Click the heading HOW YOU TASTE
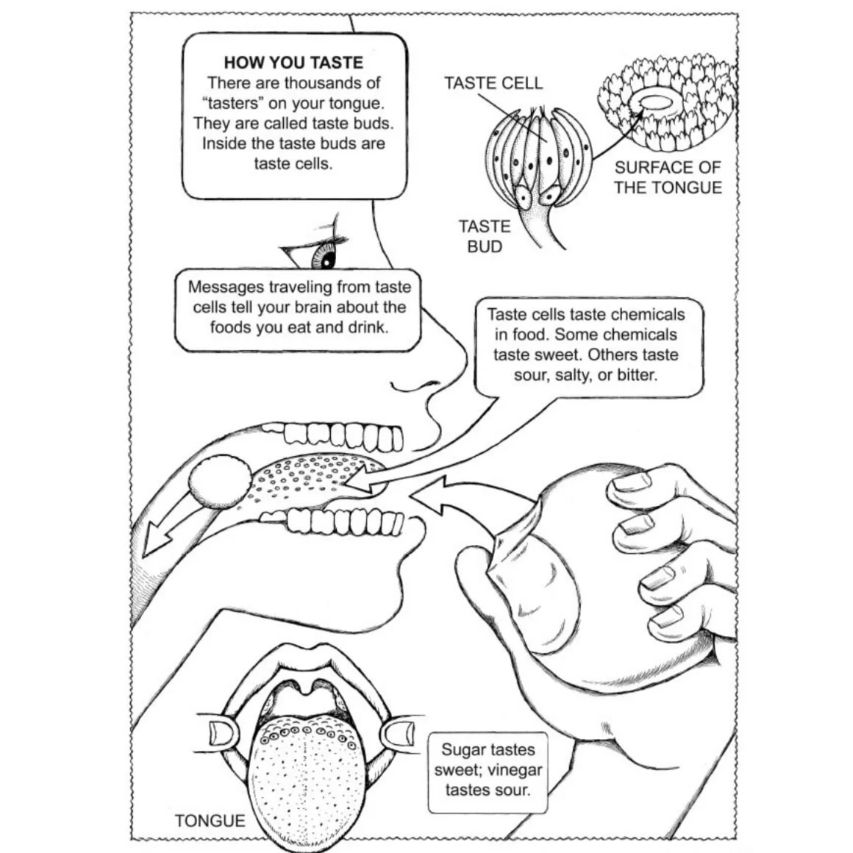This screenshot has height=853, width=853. tap(293, 63)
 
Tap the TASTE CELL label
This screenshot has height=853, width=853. tap(493, 83)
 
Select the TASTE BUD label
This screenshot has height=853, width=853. tap(485, 236)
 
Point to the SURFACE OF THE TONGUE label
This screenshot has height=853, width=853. tap(668, 177)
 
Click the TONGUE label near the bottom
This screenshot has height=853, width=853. tap(210, 820)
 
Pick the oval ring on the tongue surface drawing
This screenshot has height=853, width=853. tap(660, 102)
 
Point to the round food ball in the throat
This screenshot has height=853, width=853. tap(220, 482)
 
